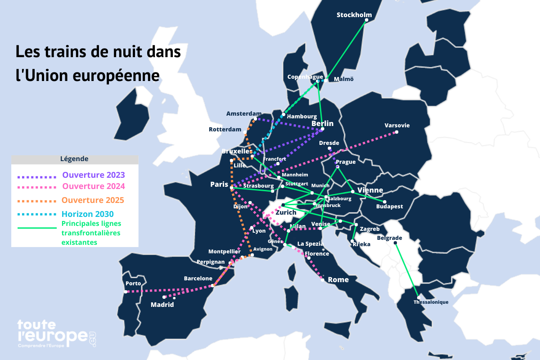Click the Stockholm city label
coord(351,15)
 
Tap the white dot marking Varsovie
coord(396,132)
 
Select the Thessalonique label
coord(431,302)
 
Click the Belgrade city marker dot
coord(395,243)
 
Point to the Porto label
coord(133,283)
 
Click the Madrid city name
coord(162,305)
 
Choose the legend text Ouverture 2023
coord(93,175)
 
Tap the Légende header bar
coord(74,159)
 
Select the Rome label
coord(338,279)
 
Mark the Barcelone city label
coord(198,279)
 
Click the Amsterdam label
coord(244,113)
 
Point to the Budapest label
coord(389,207)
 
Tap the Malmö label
coord(343,79)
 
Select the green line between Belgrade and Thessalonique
coord(407,270)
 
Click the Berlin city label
coord(322,123)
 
